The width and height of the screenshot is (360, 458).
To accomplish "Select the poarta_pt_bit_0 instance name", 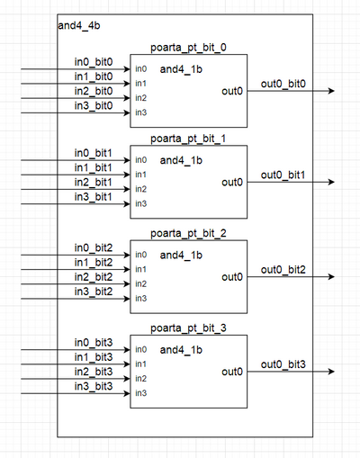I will [x=187, y=48].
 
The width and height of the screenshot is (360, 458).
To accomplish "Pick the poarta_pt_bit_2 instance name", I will [x=187, y=233].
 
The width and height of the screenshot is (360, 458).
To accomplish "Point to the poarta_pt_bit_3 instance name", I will [x=187, y=328].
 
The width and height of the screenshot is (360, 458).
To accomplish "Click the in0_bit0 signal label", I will [x=94, y=63].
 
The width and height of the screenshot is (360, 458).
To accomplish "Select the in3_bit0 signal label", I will [x=94, y=106].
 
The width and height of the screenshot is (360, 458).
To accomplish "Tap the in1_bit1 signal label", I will [x=94, y=168].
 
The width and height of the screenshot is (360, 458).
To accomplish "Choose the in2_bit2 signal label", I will [x=94, y=277].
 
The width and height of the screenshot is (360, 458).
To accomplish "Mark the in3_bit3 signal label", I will [x=94, y=385].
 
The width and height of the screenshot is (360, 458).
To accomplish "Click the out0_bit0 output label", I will [x=283, y=84].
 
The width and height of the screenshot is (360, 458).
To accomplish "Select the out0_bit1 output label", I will [x=283, y=175].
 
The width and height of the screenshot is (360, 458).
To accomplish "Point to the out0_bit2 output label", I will [x=283, y=270].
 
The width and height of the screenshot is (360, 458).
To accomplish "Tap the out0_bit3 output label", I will [x=283, y=364].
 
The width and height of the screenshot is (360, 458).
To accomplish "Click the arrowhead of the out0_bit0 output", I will [x=332, y=91].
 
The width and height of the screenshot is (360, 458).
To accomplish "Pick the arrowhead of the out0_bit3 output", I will [x=332, y=372].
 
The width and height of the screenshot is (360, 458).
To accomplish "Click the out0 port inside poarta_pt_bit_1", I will [x=231, y=182].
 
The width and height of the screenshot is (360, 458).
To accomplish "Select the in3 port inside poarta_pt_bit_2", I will [x=141, y=299].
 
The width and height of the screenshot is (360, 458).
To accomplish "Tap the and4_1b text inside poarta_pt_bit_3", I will [x=181, y=349].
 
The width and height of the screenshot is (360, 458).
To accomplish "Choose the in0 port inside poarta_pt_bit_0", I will [x=141, y=69].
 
